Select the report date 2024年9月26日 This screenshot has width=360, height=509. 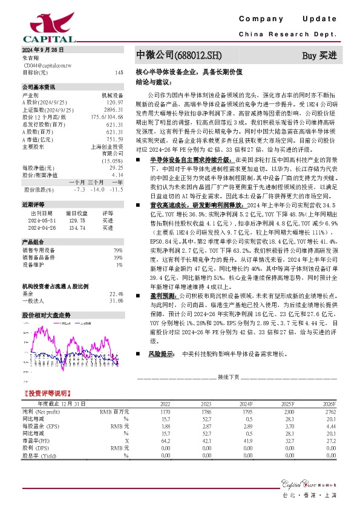coord(42,49)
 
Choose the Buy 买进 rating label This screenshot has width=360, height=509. coord(319,56)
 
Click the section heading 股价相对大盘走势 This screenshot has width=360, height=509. coord(47,315)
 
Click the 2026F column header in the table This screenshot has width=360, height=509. coord(327,403)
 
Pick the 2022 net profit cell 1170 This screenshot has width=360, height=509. coord(165,411)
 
